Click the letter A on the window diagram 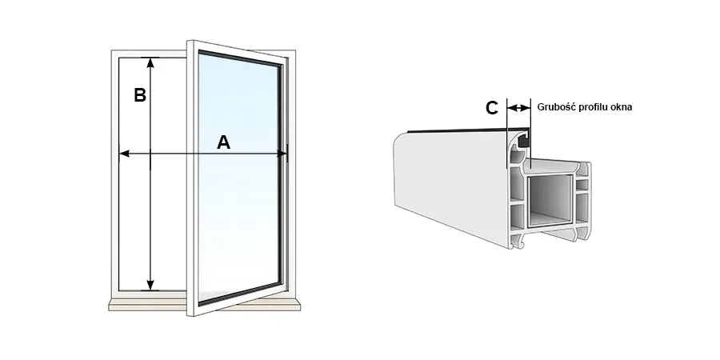(x=223, y=142)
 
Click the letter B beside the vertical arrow (x=140, y=95)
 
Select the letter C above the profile (x=492, y=108)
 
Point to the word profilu (x=593, y=107)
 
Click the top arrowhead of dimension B (x=150, y=62)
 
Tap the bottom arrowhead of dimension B (x=150, y=285)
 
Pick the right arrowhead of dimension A (x=282, y=154)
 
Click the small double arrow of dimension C (x=518, y=108)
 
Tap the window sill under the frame (x=204, y=305)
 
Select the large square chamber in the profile (x=550, y=201)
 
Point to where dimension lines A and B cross (x=150, y=154)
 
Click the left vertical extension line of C (x=506, y=133)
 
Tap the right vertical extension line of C (x=530, y=133)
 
